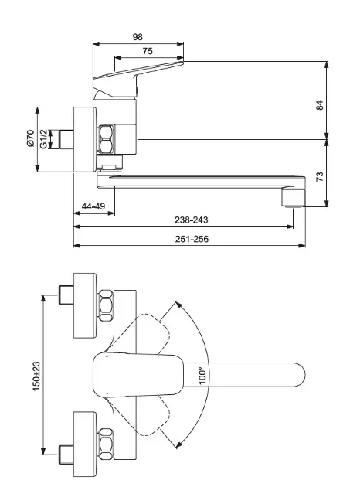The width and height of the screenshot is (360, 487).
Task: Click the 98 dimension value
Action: click(x=138, y=37)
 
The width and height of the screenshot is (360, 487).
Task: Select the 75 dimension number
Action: click(x=148, y=51)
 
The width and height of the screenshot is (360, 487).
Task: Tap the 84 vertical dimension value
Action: click(x=319, y=105)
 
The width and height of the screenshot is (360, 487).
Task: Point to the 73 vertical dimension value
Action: click(x=319, y=176)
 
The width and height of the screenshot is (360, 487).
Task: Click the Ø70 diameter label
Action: click(x=30, y=138)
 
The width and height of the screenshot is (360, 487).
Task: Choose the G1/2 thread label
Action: click(x=44, y=139)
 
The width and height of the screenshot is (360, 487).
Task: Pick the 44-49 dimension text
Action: click(x=93, y=206)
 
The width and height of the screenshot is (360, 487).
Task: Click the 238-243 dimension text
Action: click(x=191, y=220)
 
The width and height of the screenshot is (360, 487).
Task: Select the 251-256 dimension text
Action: click(x=192, y=239)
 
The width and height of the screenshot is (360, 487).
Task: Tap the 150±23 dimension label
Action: click(x=36, y=376)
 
